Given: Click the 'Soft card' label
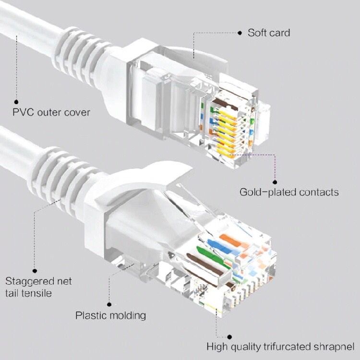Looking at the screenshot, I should [x=269, y=33].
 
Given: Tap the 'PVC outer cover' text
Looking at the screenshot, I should [x=51, y=113].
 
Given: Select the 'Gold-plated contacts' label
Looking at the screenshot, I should [x=289, y=192].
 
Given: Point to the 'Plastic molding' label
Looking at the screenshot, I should [x=111, y=315].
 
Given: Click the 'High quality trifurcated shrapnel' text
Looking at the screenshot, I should [x=281, y=346].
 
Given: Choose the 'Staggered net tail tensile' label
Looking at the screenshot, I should [x=38, y=287].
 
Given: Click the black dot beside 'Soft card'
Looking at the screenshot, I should [x=240, y=33].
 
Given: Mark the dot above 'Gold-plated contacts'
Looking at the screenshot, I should [x=275, y=181].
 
